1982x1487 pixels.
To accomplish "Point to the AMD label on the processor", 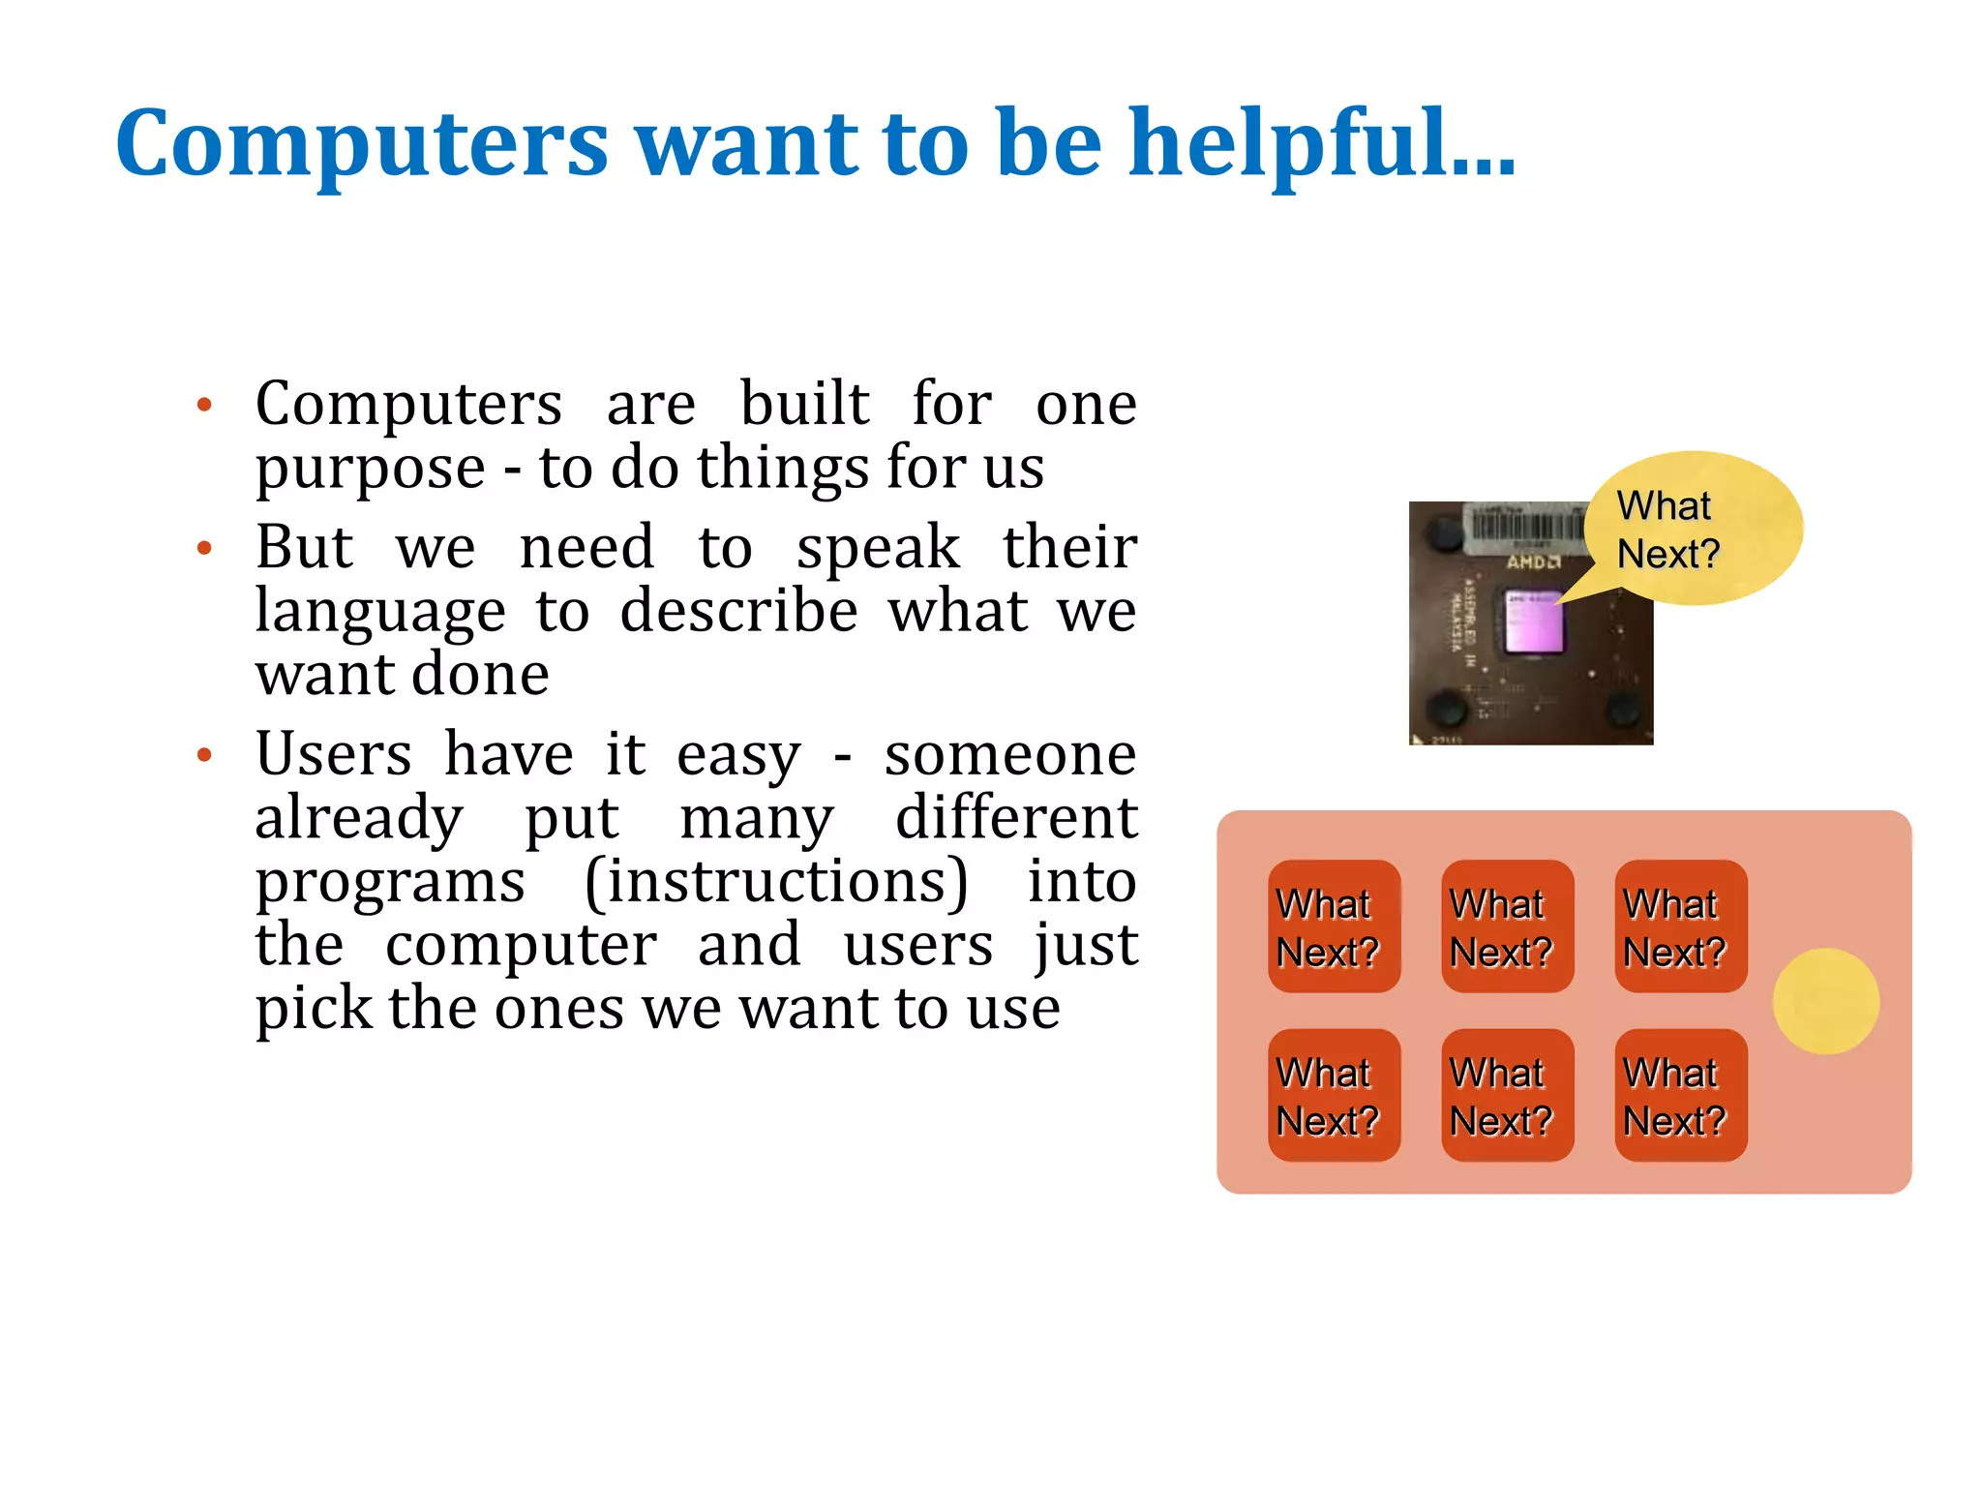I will (1532, 561).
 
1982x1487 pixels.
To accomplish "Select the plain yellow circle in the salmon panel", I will (1825, 1001).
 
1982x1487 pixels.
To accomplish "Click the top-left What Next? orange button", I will (1334, 926).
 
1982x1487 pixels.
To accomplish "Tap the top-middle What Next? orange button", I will (1507, 926).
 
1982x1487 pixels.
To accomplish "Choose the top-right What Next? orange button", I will (1680, 926).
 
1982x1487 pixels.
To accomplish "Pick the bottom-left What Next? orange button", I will (1334, 1095).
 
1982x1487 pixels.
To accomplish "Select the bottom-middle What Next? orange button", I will (1507, 1095).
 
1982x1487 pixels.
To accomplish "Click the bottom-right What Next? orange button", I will (1680, 1095).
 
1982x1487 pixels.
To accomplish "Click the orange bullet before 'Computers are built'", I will (203, 405).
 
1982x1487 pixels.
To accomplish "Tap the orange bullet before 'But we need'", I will (203, 549).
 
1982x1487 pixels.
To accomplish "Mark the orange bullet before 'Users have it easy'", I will (203, 755).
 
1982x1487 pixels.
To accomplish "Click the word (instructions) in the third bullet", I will (776, 882).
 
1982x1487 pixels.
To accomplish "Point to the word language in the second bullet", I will (380, 613).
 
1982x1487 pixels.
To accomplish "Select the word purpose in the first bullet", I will (370, 470).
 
